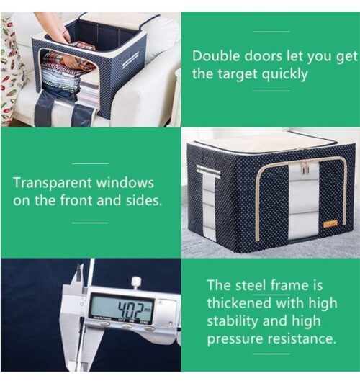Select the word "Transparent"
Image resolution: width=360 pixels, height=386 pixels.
52,184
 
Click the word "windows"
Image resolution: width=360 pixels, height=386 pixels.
125,183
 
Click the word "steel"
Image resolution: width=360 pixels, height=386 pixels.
251,285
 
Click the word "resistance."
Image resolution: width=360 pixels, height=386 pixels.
302,338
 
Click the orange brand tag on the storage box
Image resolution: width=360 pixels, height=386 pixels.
330,223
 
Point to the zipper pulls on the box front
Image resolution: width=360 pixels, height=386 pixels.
305,168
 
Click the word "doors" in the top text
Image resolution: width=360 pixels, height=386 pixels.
264,56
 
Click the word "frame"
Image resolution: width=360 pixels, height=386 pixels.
289,285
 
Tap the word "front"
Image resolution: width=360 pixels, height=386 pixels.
76,200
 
